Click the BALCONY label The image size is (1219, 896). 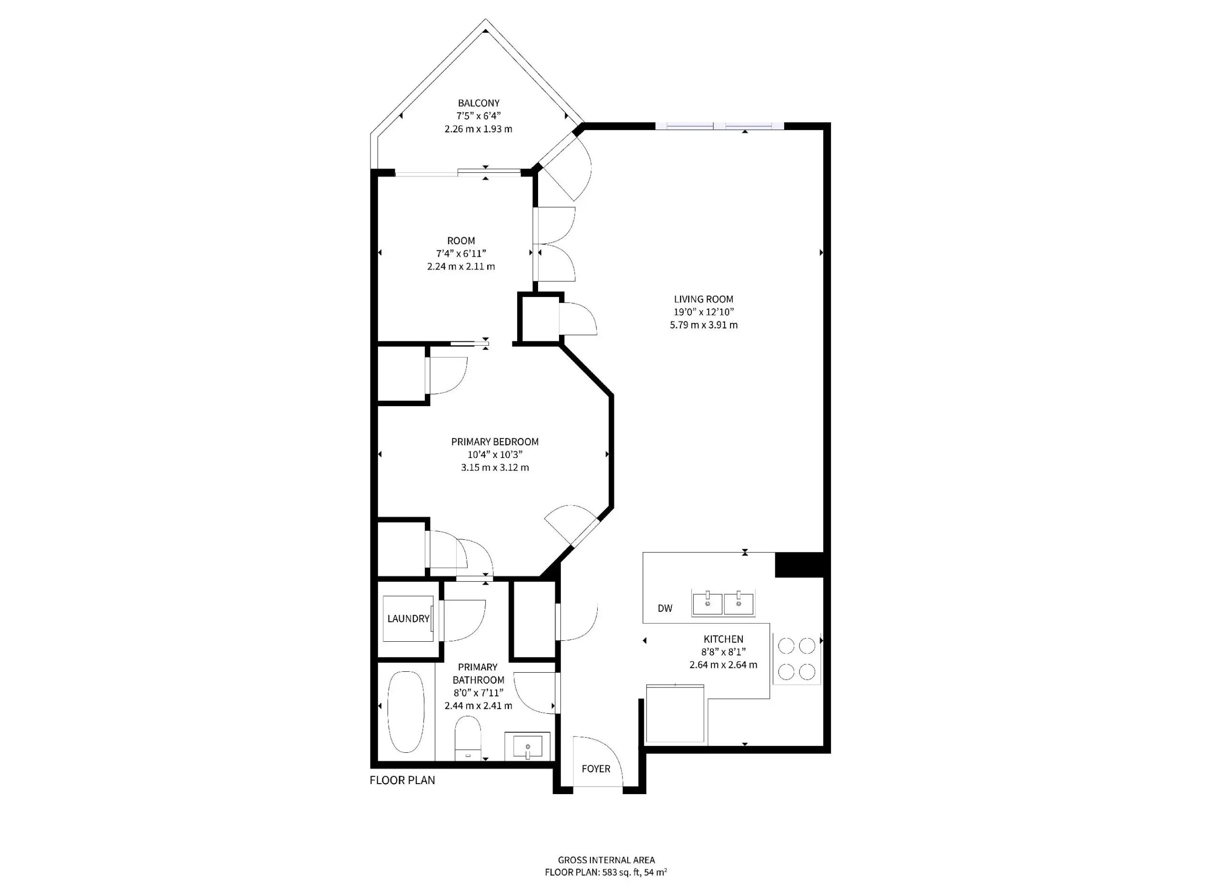(x=478, y=103)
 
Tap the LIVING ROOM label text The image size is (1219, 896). (x=703, y=299)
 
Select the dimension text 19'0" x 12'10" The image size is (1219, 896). (x=703, y=312)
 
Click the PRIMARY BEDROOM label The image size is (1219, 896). (x=494, y=442)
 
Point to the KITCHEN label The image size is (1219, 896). (x=723, y=639)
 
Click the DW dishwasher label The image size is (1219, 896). (x=665, y=608)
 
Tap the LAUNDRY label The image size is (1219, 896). (x=408, y=619)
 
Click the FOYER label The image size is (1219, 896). (x=595, y=769)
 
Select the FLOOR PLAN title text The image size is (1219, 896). (x=402, y=780)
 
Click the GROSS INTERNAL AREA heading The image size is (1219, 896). (x=606, y=860)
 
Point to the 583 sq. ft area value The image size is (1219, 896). (x=622, y=873)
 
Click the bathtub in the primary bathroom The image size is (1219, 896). (x=406, y=712)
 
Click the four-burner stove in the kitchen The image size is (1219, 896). (x=796, y=659)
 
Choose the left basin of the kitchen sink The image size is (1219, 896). (x=707, y=604)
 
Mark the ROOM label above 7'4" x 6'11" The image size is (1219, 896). (x=460, y=241)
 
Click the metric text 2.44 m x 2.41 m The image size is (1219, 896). (x=478, y=706)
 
